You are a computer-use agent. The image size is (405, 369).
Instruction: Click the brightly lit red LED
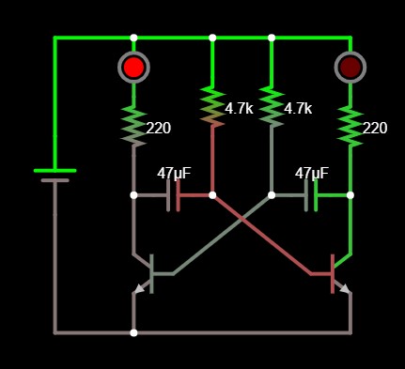(x=133, y=67)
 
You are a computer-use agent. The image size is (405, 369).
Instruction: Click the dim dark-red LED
(x=350, y=67)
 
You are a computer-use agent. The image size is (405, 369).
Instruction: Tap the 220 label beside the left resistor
(x=158, y=129)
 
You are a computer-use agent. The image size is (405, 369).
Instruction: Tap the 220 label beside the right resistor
(x=374, y=129)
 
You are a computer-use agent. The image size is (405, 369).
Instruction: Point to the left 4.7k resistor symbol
(x=212, y=105)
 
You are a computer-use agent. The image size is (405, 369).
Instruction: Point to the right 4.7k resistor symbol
(x=272, y=105)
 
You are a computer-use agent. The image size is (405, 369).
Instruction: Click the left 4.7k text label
(x=239, y=109)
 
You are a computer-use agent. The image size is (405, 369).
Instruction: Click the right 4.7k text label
(x=297, y=109)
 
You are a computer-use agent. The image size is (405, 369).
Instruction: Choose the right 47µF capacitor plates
(x=311, y=195)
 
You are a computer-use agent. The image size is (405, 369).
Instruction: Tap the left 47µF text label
(x=174, y=174)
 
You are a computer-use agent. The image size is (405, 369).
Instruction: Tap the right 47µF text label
(x=312, y=174)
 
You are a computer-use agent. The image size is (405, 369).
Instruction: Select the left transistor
(x=145, y=273)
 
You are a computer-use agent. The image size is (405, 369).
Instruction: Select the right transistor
(x=339, y=273)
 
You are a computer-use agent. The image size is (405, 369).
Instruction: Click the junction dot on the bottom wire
(x=133, y=332)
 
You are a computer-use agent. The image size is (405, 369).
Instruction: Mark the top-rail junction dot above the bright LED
(x=133, y=38)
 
